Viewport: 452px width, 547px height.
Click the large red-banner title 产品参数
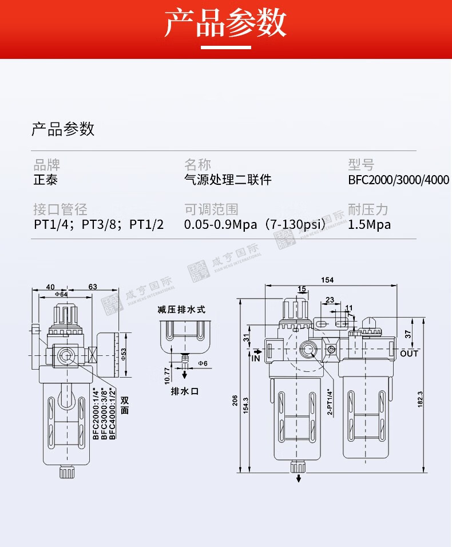[225, 23]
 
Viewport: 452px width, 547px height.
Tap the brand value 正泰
[46, 180]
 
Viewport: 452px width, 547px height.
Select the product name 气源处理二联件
[228, 180]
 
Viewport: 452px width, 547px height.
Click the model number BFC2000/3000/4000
[398, 180]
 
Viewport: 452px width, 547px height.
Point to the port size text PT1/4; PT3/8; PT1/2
[99, 225]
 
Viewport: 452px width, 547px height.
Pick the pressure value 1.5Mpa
[370, 225]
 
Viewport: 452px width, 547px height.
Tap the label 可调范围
[211, 209]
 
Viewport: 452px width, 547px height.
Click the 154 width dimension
[327, 280]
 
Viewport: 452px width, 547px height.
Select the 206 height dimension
[235, 400]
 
